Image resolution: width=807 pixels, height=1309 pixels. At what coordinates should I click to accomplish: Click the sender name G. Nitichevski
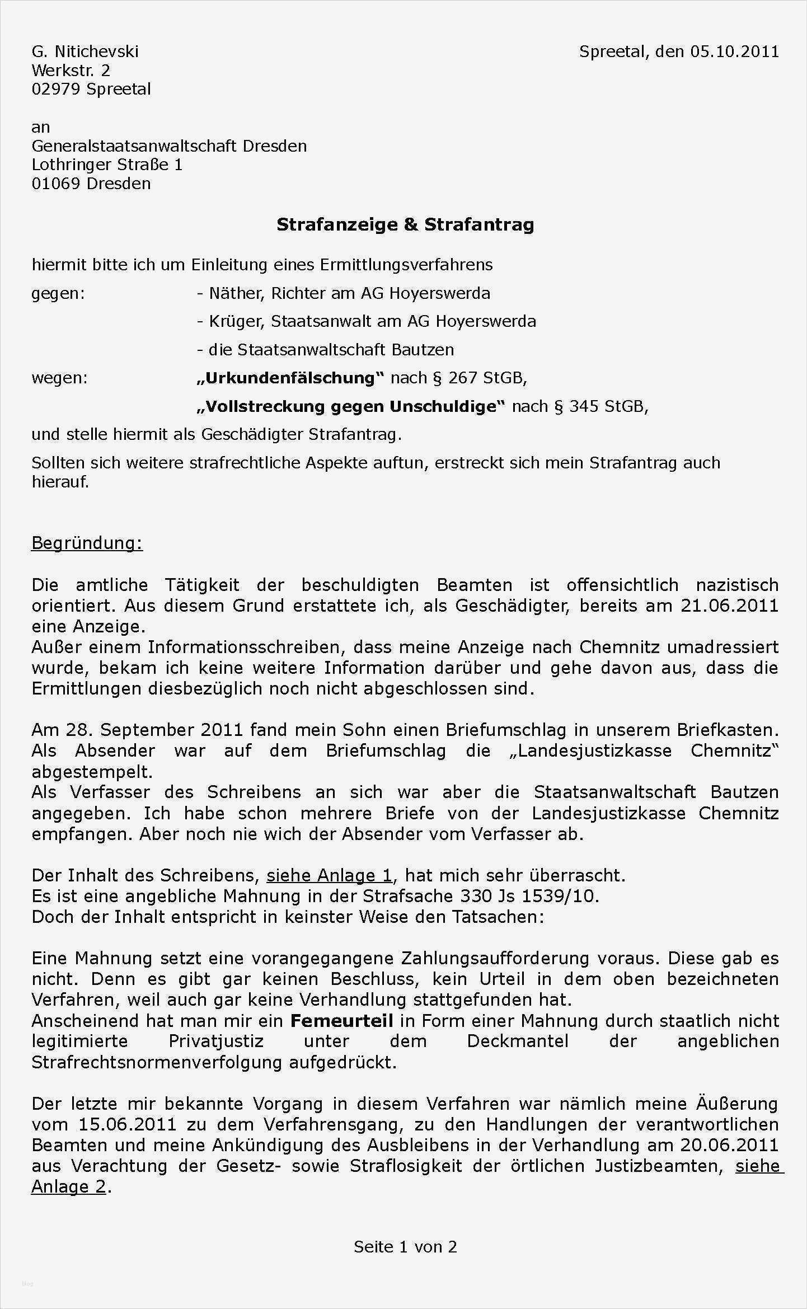85,51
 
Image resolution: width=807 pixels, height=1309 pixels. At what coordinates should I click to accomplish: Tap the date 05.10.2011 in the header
734,51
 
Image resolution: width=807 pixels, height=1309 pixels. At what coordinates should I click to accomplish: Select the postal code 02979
56,89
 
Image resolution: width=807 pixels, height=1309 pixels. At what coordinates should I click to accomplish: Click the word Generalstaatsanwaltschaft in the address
135,146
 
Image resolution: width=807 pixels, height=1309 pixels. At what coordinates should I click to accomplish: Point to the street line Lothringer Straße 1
107,165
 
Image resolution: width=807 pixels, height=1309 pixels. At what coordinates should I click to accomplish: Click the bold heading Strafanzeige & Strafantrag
405,224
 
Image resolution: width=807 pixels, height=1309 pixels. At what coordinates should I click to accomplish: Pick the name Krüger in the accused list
234,321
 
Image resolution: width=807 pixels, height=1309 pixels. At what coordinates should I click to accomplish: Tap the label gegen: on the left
58,293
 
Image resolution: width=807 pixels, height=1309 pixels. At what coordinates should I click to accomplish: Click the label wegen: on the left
59,378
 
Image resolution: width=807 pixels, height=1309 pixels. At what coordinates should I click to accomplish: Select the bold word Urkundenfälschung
290,378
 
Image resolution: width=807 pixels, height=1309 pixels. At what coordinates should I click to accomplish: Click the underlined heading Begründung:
87,543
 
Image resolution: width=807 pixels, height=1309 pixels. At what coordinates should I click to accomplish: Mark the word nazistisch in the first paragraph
737,585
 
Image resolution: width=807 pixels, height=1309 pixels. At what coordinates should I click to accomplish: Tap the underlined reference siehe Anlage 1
329,875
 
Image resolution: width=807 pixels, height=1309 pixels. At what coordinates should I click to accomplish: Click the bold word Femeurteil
341,1020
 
